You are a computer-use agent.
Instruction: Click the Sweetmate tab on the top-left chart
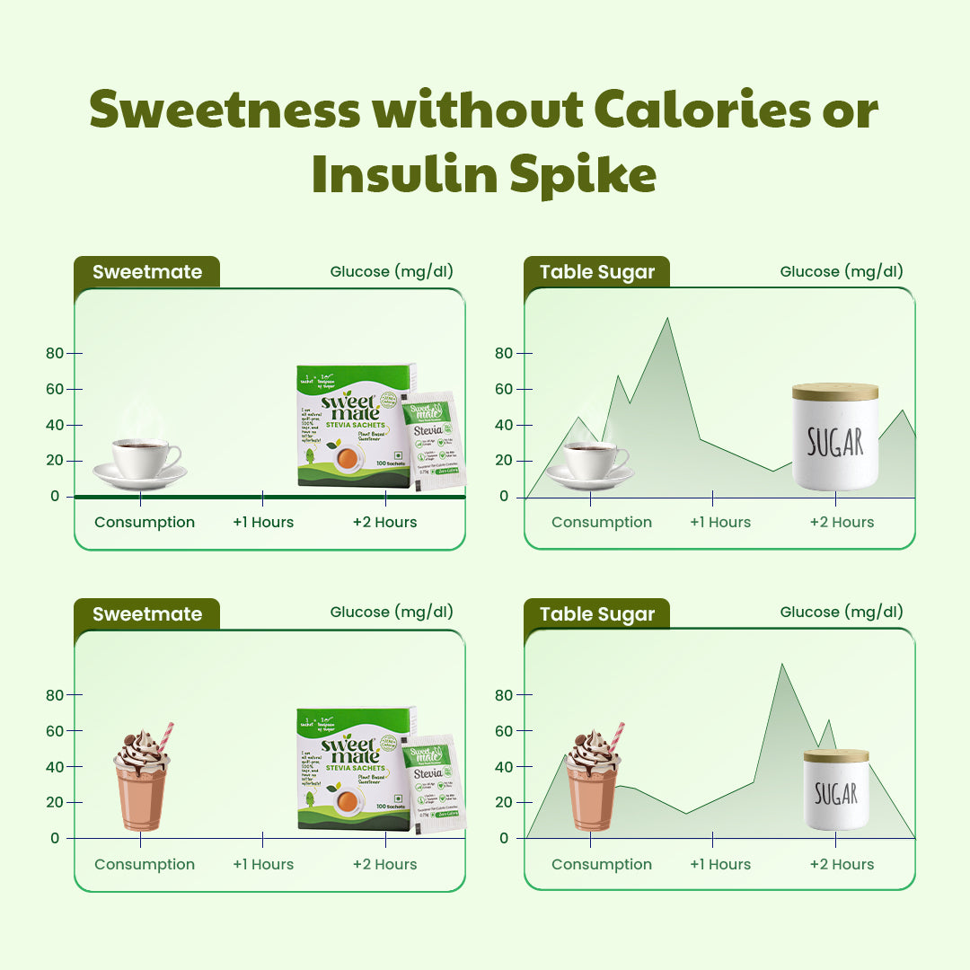point(146,272)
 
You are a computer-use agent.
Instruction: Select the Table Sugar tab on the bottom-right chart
point(597,614)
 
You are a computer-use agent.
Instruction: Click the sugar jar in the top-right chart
point(835,437)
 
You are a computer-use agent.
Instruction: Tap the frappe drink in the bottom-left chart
point(142,781)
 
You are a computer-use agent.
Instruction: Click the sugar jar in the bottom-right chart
point(835,789)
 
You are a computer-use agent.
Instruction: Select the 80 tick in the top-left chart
point(56,353)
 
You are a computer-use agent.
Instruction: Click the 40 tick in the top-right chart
point(504,425)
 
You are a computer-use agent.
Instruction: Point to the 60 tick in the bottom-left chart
point(56,731)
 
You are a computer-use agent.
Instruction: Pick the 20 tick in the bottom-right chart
point(504,802)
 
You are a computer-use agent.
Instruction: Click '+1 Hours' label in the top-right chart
point(720,523)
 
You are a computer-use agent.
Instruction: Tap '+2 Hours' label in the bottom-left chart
point(384,865)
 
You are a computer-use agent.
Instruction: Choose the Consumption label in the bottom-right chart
point(602,865)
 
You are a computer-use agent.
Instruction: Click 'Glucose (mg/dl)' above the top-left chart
point(392,272)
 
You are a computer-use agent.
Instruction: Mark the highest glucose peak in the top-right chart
point(666,319)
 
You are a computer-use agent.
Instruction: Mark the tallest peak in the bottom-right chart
point(781,666)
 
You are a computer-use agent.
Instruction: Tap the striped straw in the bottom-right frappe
point(617,736)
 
